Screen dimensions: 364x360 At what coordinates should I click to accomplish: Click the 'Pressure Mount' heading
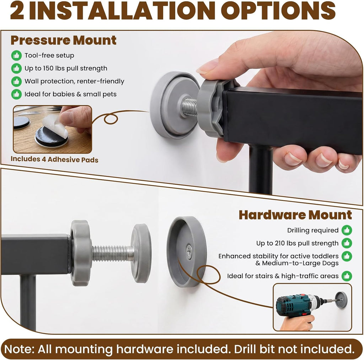tap(63, 41)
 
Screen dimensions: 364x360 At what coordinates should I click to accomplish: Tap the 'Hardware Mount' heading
tap(295, 215)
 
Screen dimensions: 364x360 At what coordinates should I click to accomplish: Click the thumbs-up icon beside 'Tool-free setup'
tap(16, 55)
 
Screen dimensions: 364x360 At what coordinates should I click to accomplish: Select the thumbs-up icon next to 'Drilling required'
tap(347, 230)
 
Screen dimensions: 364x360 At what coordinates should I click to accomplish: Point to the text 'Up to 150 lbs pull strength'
tap(66, 68)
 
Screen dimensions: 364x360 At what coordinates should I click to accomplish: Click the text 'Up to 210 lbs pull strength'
tap(298, 243)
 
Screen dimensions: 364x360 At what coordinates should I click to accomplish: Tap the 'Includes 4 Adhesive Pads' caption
tap(54, 159)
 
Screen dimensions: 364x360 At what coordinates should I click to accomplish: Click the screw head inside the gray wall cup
tap(189, 252)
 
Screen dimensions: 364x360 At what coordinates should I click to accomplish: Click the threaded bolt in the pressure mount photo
tap(189, 107)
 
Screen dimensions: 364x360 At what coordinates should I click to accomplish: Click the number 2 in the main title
tap(17, 11)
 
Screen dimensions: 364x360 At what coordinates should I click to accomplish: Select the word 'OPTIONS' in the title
tap(278, 10)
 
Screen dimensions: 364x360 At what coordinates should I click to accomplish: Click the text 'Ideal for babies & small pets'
tap(71, 94)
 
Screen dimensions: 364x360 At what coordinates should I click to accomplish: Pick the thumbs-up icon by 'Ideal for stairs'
tap(347, 276)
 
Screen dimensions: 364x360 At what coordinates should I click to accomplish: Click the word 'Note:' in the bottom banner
tap(19, 349)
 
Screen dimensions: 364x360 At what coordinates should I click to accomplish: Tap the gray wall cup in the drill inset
tap(342, 300)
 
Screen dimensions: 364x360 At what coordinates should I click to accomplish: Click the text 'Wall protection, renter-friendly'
tap(74, 81)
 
